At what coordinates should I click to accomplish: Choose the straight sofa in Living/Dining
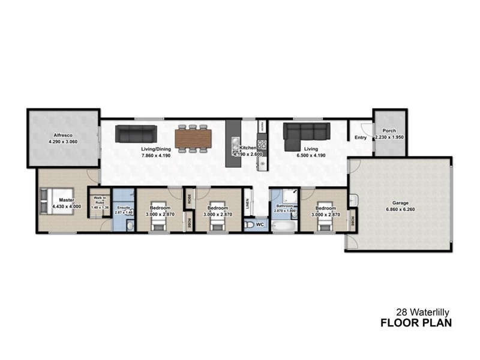click(x=136, y=133)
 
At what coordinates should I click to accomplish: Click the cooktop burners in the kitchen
click(x=262, y=146)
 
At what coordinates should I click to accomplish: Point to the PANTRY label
click(x=262, y=126)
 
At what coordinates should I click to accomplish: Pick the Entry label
click(x=361, y=138)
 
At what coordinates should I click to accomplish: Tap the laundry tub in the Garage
click(x=354, y=200)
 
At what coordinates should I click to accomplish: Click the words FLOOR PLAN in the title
click(x=416, y=323)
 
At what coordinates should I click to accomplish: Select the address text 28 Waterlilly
click(x=424, y=312)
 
